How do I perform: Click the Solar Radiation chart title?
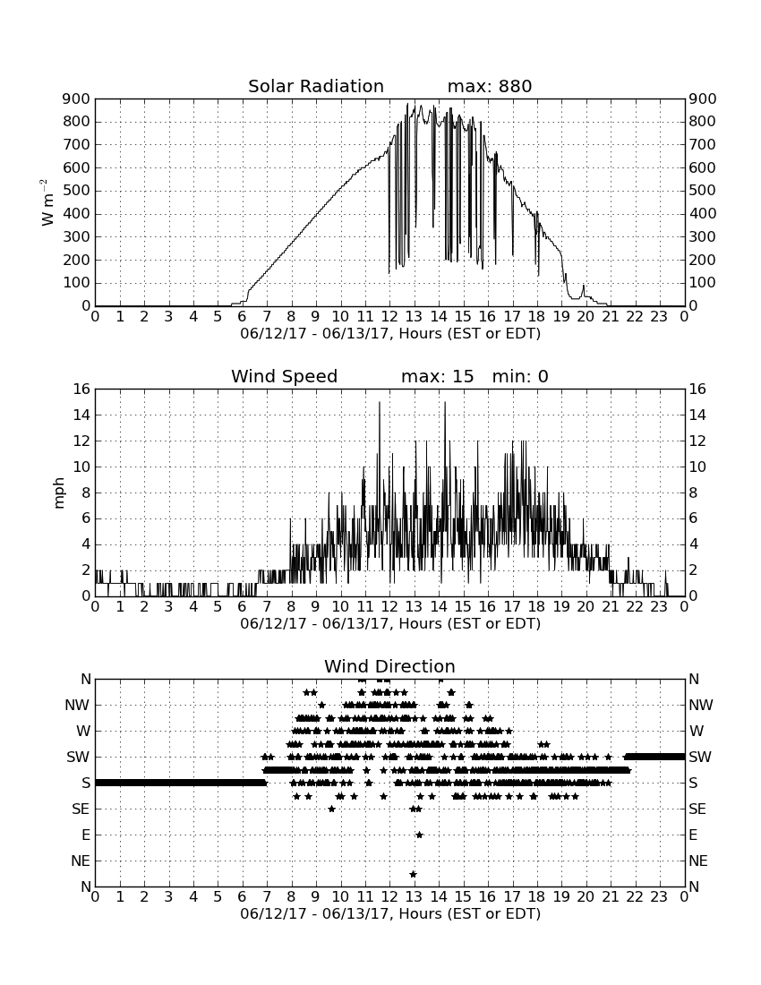316,86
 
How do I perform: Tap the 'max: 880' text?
490,86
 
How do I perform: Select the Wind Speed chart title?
285,376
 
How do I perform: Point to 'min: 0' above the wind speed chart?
520,376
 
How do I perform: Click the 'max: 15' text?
438,376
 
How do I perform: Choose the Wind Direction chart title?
389,666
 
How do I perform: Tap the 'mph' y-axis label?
59,493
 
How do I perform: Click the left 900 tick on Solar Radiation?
77,98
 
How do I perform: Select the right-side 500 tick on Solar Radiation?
703,191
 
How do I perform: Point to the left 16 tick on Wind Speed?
82,389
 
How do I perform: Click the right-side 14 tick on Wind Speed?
697,415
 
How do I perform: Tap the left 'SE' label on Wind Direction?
81,809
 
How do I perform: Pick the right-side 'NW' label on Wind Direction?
701,705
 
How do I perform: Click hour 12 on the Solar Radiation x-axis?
389,316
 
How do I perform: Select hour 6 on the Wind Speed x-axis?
243,606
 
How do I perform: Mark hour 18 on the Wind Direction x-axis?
537,896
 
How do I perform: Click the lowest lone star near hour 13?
413,874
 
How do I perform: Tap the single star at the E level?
419,835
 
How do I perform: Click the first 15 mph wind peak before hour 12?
380,402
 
